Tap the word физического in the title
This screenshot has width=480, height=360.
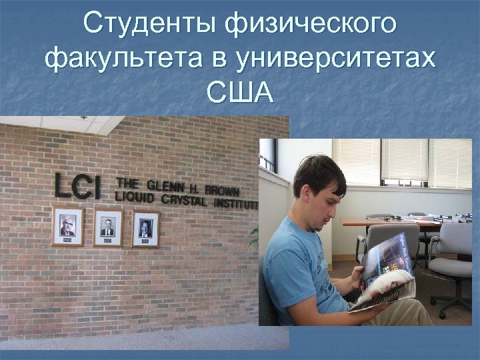pos(311,25)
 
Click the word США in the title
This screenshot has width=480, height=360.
pos(240,93)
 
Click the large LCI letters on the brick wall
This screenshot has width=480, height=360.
pos(77,187)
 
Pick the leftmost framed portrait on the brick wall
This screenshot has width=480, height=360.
pos(68,227)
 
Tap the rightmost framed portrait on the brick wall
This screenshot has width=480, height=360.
pos(145,229)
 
